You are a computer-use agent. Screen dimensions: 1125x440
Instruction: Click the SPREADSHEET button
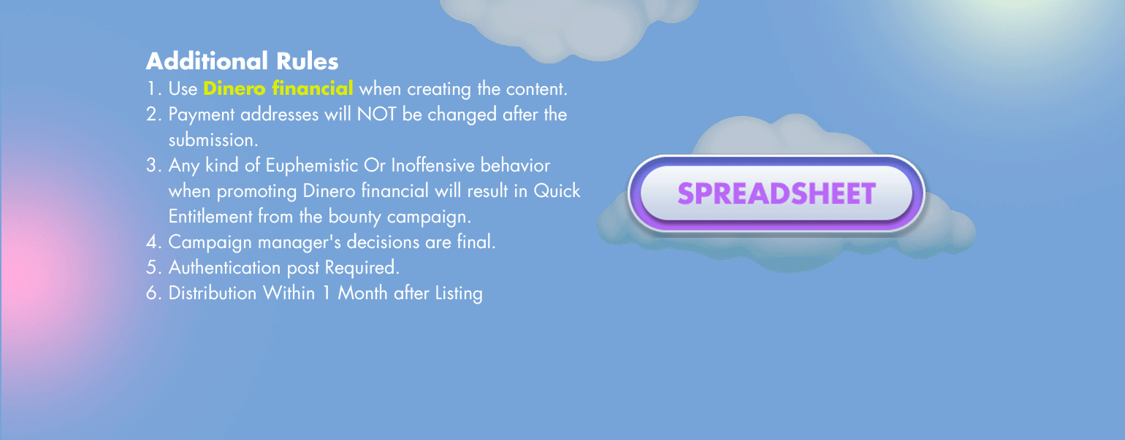tap(776, 193)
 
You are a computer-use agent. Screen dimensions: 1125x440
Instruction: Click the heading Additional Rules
tap(242, 61)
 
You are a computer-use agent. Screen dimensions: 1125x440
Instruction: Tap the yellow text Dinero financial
tap(278, 88)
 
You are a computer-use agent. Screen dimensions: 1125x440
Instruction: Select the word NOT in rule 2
tap(377, 115)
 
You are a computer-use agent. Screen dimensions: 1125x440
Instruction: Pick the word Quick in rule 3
tap(557, 190)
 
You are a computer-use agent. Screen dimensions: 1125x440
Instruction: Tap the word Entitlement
tap(210, 216)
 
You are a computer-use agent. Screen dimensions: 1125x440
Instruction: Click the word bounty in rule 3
tap(354, 217)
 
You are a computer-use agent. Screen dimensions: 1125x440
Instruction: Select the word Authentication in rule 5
tap(224, 267)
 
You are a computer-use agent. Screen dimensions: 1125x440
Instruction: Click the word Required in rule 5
tap(362, 268)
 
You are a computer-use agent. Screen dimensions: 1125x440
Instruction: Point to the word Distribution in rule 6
tap(213, 293)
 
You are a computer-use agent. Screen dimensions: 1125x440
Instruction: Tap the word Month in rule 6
tap(362, 293)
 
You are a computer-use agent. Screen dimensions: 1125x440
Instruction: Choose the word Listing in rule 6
tap(459, 293)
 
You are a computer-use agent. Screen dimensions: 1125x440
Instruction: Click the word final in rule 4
tap(476, 242)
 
